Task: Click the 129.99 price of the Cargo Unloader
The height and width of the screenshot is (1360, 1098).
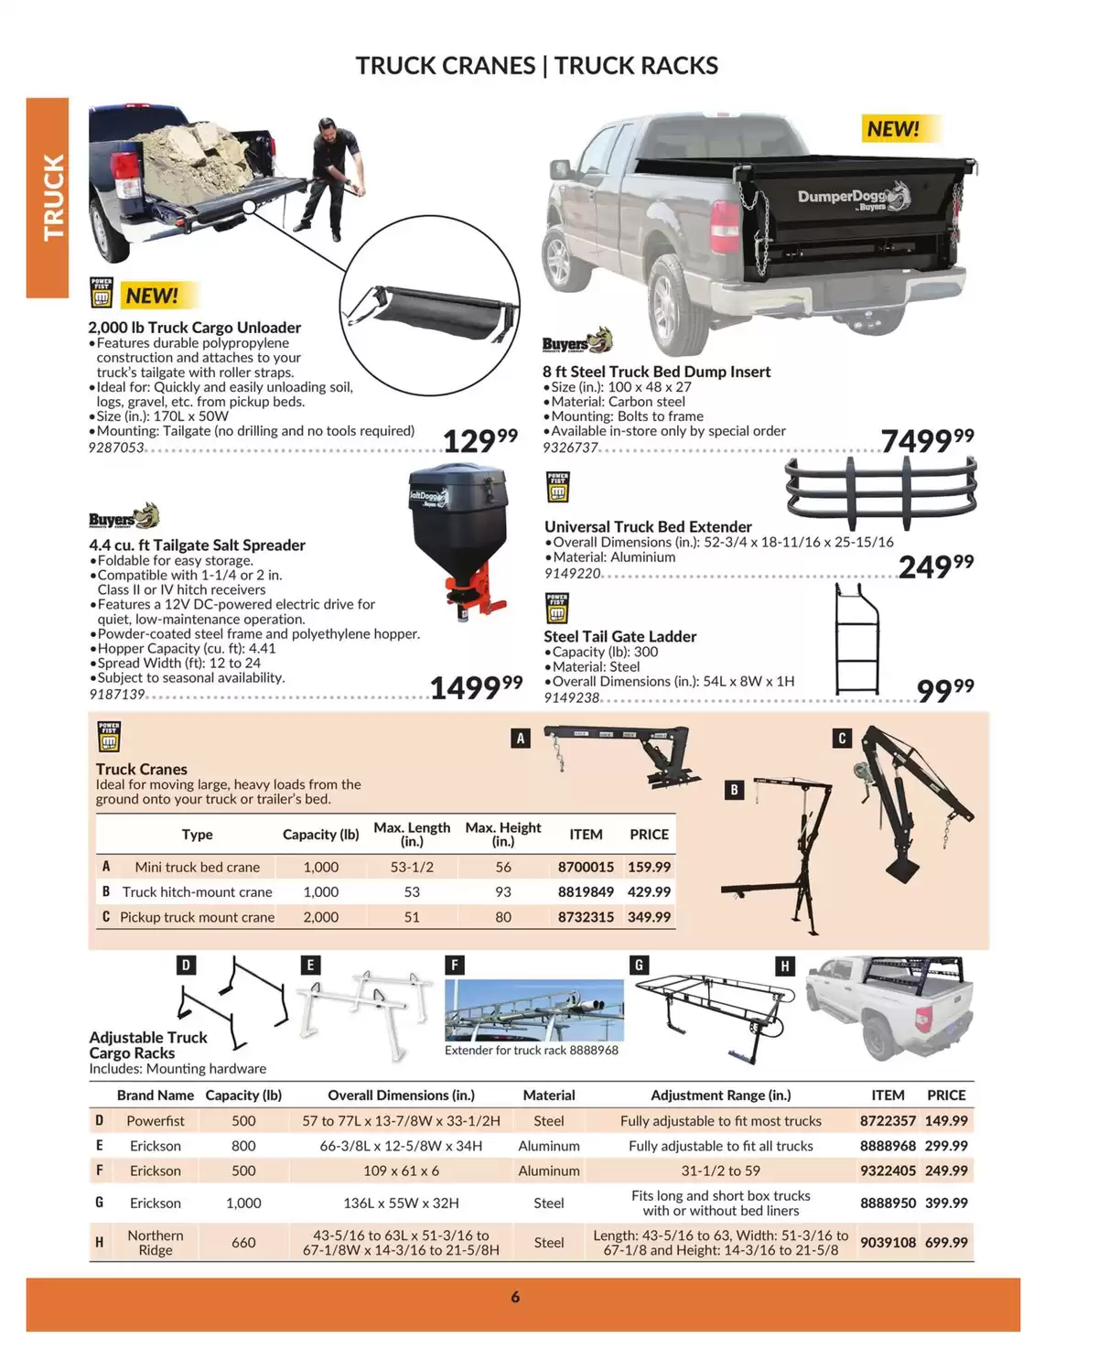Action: (479, 440)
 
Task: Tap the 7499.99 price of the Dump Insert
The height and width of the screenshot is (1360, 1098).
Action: (927, 440)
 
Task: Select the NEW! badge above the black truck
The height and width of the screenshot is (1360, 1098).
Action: (892, 129)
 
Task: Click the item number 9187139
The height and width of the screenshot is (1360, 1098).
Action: (117, 695)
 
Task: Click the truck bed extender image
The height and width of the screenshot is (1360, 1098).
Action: (880, 486)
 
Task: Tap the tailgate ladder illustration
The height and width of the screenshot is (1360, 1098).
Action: (857, 639)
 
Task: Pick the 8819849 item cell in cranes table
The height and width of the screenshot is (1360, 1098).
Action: (586, 891)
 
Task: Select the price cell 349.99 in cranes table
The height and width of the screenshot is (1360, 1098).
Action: (649, 916)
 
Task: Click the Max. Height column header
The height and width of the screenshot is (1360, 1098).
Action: (503, 834)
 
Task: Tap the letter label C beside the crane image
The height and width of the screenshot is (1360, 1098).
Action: (842, 739)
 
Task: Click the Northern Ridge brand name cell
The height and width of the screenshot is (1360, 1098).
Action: (156, 1242)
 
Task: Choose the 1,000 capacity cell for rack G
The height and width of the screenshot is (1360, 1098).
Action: (243, 1203)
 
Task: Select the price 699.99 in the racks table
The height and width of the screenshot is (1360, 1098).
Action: (946, 1242)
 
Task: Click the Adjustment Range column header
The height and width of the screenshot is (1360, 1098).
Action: (720, 1095)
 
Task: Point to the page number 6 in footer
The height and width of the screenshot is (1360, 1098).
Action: (515, 1297)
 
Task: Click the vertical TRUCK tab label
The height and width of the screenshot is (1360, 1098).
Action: (52, 197)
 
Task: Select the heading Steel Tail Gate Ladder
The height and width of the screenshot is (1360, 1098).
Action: (619, 636)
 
